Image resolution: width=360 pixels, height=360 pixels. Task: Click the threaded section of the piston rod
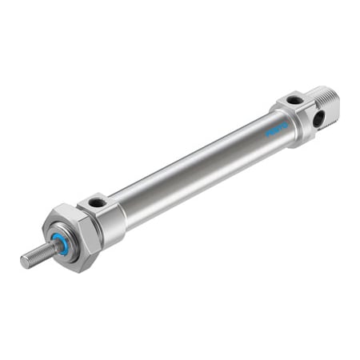pos(37,254)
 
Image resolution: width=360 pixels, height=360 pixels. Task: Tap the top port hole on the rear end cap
pos(295,100)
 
